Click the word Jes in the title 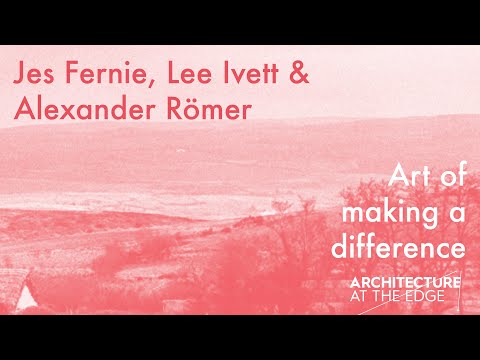point(36,75)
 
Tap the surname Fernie point(109,75)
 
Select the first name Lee point(189,75)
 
